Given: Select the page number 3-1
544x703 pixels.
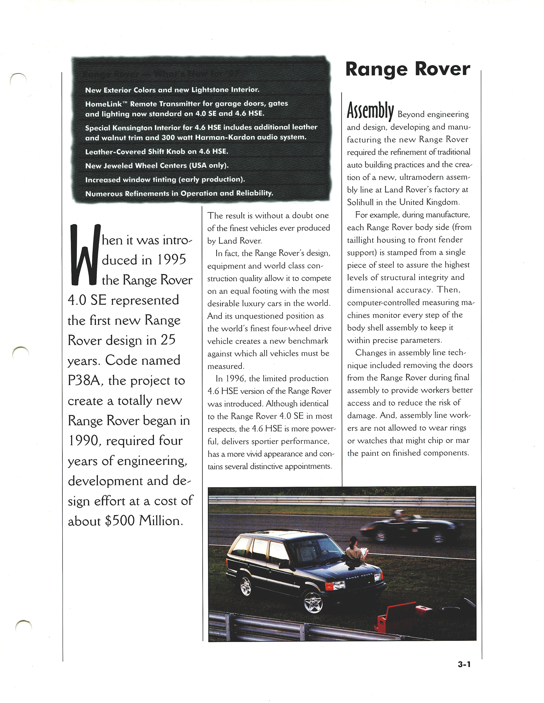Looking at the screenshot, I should click(x=464, y=664).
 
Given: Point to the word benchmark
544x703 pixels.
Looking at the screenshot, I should click(x=308, y=341).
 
